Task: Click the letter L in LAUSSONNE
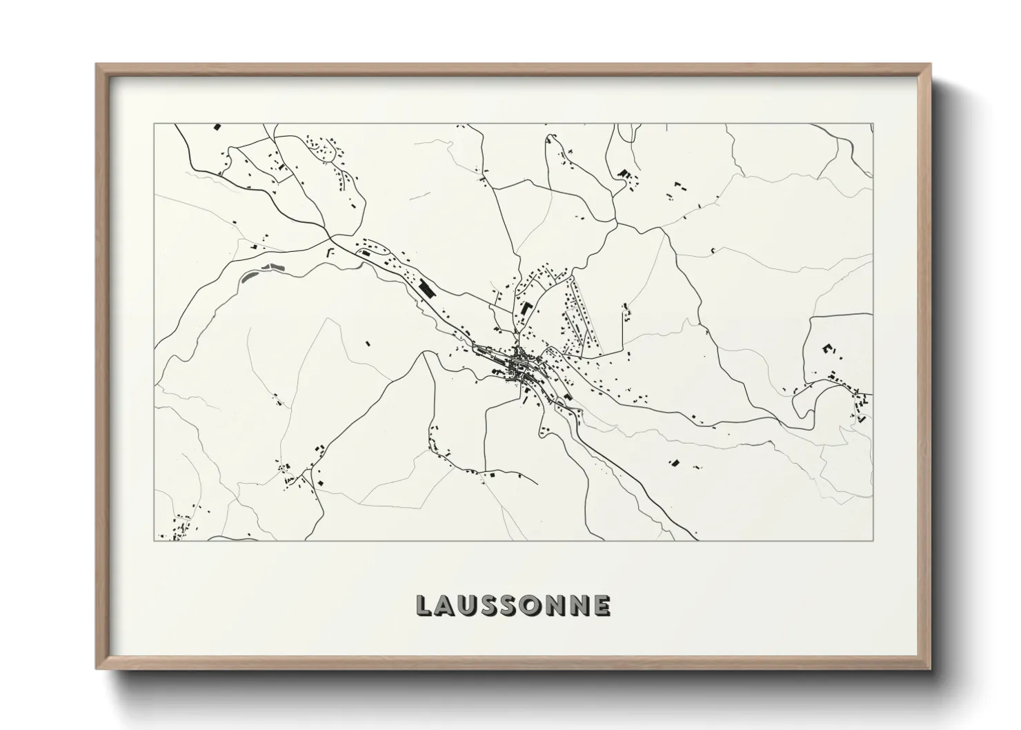[424, 605]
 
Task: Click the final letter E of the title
[602, 605]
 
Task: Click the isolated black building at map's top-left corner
[217, 127]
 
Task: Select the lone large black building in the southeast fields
[674, 462]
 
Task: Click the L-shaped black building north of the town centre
[526, 308]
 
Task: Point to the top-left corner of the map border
[154, 124]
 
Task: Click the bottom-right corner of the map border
[873, 540]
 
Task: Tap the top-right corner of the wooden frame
[929, 65]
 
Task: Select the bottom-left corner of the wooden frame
[97, 668]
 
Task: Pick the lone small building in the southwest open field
[368, 342]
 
